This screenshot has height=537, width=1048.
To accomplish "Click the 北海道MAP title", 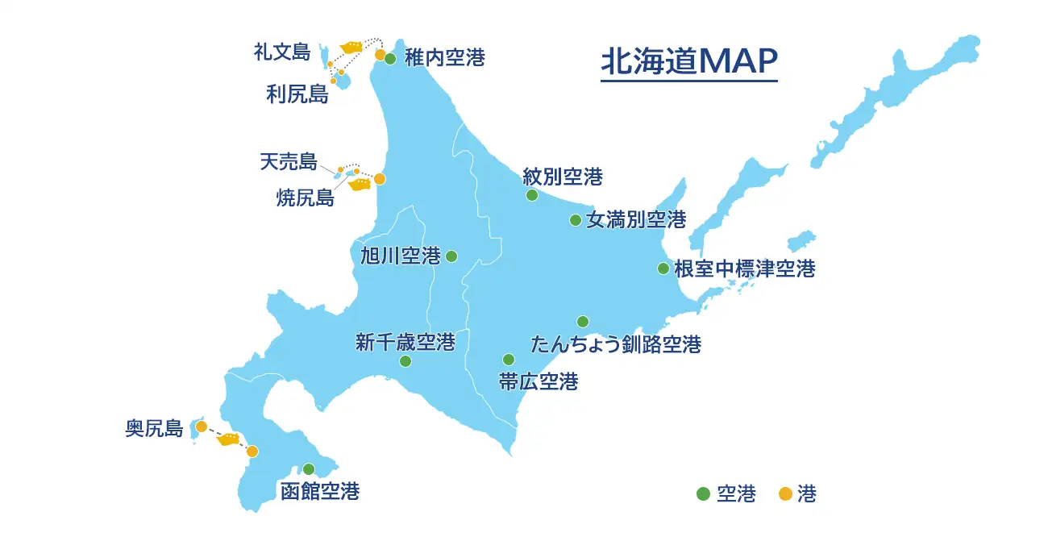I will coord(689,61).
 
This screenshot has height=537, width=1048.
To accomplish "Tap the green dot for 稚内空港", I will coord(390,58).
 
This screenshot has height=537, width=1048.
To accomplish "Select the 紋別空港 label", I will coord(563,176).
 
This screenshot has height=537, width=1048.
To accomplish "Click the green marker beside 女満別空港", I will coord(576,220).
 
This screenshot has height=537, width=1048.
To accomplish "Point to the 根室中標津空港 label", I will coord(744,268).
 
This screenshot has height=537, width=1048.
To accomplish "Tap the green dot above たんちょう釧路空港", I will coord(583,322).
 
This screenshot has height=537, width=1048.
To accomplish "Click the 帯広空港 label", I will coord(539,381).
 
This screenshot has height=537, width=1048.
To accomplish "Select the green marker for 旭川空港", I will coord(451,256).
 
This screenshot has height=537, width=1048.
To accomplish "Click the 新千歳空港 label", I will coord(405,342).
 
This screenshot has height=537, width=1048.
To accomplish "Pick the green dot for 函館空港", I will coord(309,469).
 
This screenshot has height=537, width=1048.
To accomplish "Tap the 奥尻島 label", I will coord(155,428).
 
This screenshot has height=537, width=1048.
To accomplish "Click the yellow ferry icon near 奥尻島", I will coord(228,439).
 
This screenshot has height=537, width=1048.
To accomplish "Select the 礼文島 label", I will coord(281,52).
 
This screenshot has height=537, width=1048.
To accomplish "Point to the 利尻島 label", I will coord(297,94).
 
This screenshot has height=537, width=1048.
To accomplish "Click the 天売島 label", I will coord(289,161).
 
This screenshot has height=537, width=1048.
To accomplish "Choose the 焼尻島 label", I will coord(305,198).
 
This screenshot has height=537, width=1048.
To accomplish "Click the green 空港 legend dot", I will coord(703,493).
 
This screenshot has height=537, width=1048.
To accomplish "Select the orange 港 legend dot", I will coord(784,493).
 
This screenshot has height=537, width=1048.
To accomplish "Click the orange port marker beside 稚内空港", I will coord(380,55).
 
